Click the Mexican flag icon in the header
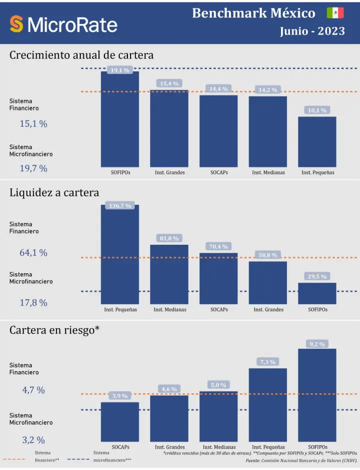click(335, 13)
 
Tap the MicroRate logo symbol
click(17, 24)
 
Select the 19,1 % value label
click(120, 70)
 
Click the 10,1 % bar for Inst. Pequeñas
click(317, 142)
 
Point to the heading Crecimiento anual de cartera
click(81, 55)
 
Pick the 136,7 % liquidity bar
click(120, 255)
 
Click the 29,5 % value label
click(317, 276)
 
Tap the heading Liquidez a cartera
click(54, 193)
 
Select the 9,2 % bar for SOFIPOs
click(317, 395)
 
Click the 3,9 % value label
click(120, 396)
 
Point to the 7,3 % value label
click(267, 362)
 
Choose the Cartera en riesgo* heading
click(55, 330)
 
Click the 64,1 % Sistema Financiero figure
click(33, 253)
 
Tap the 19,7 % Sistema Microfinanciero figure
click(33, 168)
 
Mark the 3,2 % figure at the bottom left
click(33, 440)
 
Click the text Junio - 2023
click(312, 31)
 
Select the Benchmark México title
click(253, 13)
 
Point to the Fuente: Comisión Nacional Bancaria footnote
click(301, 461)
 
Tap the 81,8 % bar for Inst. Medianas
click(169, 274)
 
